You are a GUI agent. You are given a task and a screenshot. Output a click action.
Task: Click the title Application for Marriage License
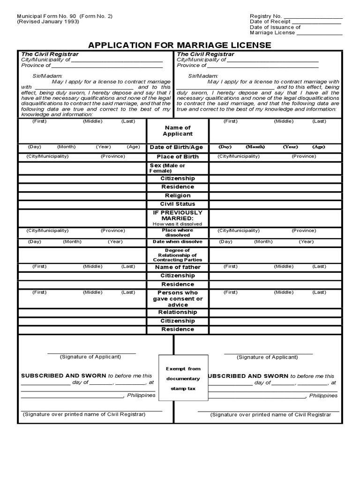point(180,45)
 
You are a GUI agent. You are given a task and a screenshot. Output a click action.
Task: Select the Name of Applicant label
point(178,131)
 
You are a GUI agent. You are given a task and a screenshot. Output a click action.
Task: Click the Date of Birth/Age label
point(176,147)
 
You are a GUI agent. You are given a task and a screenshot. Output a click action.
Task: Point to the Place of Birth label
point(178,157)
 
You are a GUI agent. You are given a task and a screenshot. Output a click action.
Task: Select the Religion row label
point(178,195)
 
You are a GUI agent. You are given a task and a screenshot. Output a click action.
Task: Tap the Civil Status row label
point(178,204)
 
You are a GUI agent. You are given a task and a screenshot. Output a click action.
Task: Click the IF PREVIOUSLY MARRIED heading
point(178,216)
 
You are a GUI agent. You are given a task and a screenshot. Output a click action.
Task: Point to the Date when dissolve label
point(178,242)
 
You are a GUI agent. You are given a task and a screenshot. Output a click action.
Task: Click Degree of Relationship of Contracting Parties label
point(178,255)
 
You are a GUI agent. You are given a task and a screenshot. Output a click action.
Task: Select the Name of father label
point(178,267)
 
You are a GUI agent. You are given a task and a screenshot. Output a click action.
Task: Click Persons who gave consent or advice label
point(178,299)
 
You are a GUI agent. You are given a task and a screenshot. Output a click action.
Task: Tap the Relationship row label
point(178,312)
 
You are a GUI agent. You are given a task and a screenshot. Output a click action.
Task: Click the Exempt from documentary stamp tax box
point(183,379)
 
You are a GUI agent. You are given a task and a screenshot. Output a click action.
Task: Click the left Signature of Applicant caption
point(90,357)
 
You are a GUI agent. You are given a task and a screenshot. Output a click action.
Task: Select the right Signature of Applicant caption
point(267,357)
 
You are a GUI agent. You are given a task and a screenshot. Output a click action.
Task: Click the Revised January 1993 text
point(48,22)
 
